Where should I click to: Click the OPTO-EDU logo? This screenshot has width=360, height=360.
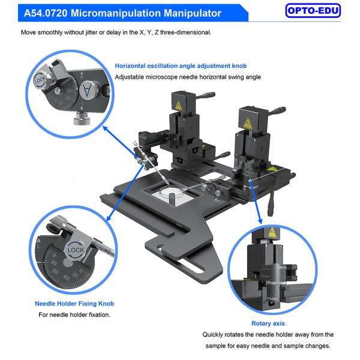[x=313, y=11]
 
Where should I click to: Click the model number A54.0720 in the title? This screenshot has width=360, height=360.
[x=46, y=13]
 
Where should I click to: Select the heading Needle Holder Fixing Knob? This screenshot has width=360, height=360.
[x=74, y=304]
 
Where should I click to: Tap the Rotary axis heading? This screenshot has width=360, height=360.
[x=268, y=323]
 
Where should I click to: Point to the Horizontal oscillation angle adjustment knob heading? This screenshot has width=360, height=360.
[x=181, y=66]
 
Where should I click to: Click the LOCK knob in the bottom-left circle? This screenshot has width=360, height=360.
[x=76, y=250]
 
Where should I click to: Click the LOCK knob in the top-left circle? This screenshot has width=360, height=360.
[x=41, y=80]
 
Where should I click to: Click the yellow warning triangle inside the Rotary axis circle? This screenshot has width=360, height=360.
[x=272, y=233]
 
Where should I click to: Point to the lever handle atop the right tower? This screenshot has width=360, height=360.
[x=276, y=110]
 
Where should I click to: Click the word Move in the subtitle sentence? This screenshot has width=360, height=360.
[x=28, y=32]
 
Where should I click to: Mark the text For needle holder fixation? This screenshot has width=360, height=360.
[x=74, y=314]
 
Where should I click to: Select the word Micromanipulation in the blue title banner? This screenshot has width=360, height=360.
[x=116, y=13]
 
